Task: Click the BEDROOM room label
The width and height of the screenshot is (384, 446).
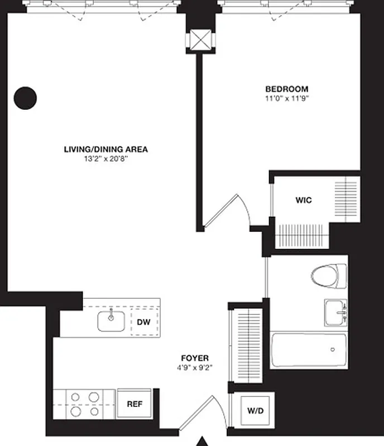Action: [286, 89]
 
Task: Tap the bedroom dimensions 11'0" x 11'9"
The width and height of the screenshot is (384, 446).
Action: [286, 98]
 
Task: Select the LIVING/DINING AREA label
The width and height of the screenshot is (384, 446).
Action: [105, 149]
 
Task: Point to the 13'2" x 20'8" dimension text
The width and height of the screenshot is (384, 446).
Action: [105, 159]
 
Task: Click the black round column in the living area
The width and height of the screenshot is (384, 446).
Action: [25, 98]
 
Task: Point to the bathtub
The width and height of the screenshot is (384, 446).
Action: [309, 350]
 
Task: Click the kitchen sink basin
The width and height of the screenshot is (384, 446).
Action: [111, 321]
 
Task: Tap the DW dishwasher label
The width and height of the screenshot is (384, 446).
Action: [144, 322]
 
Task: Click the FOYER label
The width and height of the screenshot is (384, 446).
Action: [195, 358]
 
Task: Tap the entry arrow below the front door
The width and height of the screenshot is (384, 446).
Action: [203, 442]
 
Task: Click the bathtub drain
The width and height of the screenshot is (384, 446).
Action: [333, 350]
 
